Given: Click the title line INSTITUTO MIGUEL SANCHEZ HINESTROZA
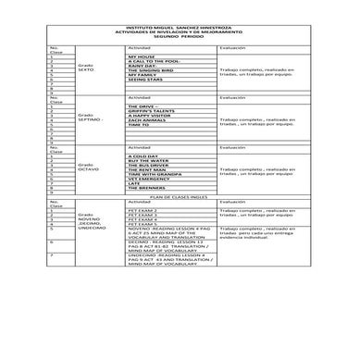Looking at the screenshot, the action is point(180,26).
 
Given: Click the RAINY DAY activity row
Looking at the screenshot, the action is point(143,68).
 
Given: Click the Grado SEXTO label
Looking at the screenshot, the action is point(87,69).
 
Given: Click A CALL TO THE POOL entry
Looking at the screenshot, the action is point(154,62).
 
